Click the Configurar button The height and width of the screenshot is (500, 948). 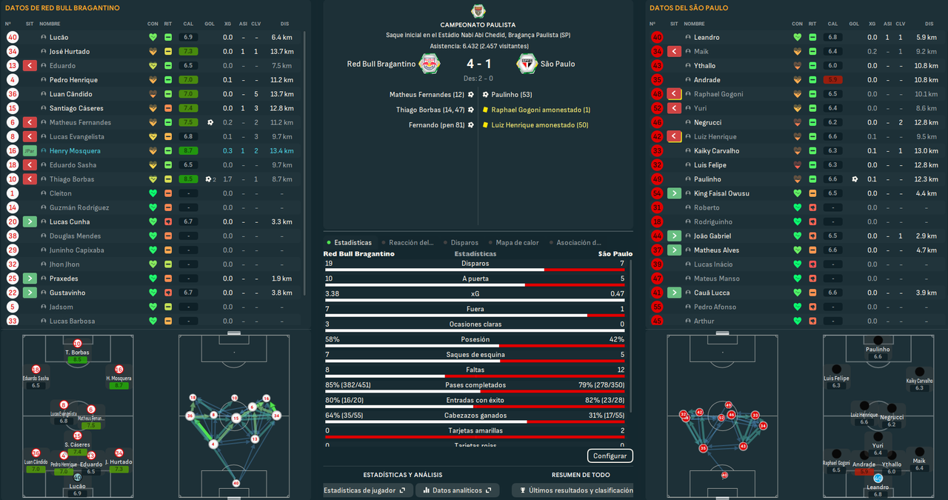pos(610,456)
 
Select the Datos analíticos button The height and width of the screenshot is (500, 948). pos(456,490)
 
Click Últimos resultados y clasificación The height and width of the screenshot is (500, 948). pos(575,490)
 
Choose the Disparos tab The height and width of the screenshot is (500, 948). pos(464,242)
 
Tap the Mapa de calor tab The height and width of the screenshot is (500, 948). pos(516,242)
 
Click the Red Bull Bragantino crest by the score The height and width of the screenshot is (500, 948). pos(428,64)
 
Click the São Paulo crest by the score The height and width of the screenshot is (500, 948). pos(527,64)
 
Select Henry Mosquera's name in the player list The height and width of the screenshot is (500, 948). pos(75,151)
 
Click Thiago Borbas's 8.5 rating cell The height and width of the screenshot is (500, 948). pos(187,179)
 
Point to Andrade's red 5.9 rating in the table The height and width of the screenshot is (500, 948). pos(833,80)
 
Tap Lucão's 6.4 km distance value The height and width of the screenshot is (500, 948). pos(281,37)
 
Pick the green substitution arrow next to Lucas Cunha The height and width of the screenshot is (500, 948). pos(30,222)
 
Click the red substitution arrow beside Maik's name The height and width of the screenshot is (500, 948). pos(674,52)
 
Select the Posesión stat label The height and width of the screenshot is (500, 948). pos(475,339)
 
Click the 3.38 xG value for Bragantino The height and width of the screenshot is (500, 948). pos(333,293)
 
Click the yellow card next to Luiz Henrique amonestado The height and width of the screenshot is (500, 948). pos(485,125)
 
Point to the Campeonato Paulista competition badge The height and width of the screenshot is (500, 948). pos(478,11)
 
